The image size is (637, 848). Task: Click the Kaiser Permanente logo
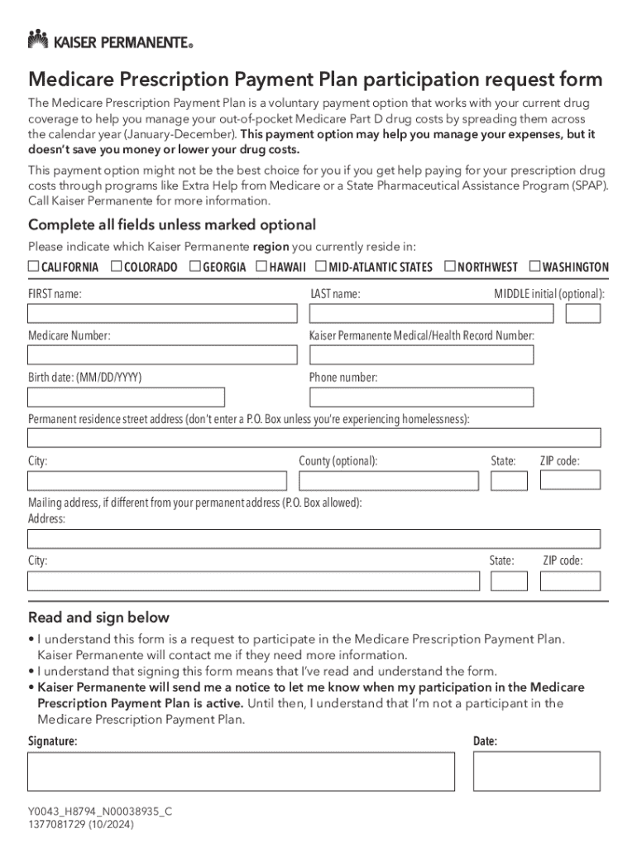point(111,39)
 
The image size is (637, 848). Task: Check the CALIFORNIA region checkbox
point(34,267)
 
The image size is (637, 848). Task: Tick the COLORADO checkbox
point(117,267)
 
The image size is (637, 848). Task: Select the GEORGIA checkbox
point(195,267)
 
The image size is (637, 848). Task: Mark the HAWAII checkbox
point(261,267)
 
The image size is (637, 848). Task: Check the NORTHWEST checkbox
point(450,267)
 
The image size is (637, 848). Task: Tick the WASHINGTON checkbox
point(534,267)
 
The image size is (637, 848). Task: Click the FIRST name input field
point(162,314)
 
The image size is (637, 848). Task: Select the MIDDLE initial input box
point(583,314)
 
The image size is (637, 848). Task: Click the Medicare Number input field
point(162,355)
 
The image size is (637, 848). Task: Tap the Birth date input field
point(126,397)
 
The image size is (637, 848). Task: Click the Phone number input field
point(421,397)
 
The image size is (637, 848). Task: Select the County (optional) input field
point(388,481)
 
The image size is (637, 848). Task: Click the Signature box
point(241,771)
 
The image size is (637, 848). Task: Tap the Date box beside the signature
point(536,771)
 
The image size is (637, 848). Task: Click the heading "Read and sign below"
point(98,618)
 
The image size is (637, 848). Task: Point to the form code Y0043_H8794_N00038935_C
point(99,812)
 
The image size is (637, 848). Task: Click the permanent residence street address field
point(314,438)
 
